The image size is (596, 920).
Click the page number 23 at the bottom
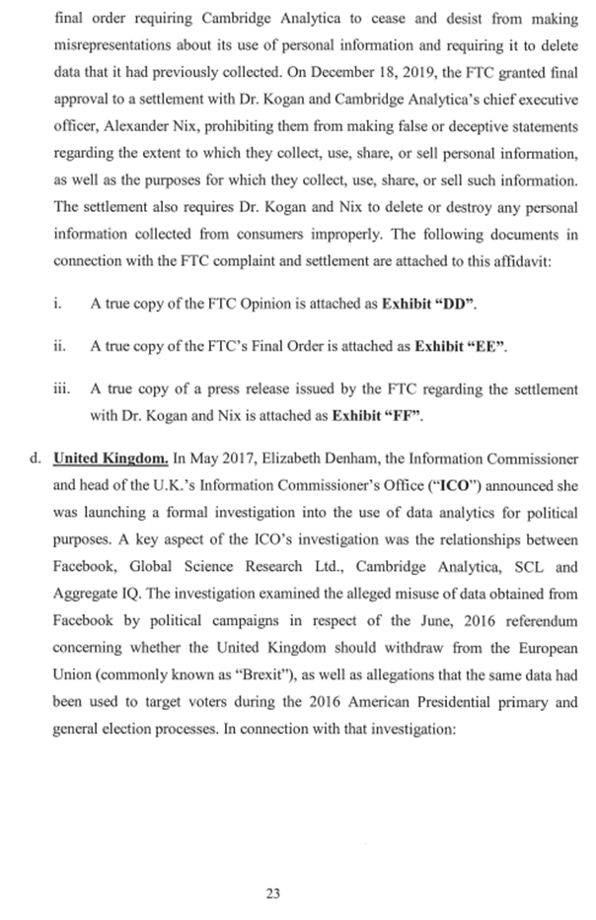coord(273,893)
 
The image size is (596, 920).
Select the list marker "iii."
coord(61,389)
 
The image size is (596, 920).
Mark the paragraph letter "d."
coord(37,459)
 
